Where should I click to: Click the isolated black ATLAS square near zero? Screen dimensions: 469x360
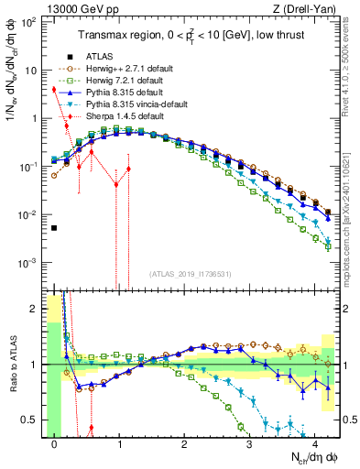[54, 228]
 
